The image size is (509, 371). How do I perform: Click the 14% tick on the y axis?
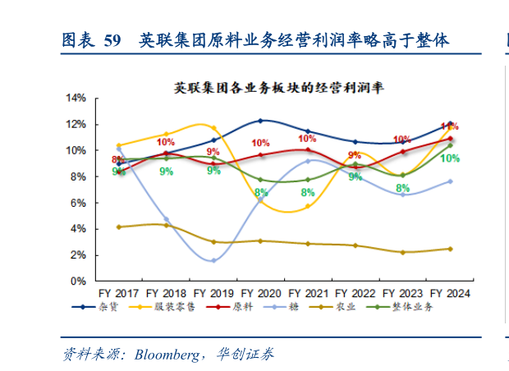76,98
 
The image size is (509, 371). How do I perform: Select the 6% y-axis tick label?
78,203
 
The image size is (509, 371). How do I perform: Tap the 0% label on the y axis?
78,281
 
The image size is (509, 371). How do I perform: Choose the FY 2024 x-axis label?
450,292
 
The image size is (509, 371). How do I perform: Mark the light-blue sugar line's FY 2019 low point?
213,260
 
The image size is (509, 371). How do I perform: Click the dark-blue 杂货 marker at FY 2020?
260,121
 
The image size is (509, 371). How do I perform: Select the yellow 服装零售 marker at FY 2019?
213,128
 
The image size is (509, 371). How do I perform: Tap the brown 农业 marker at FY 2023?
402,252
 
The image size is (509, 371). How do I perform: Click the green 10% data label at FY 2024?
450,158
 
